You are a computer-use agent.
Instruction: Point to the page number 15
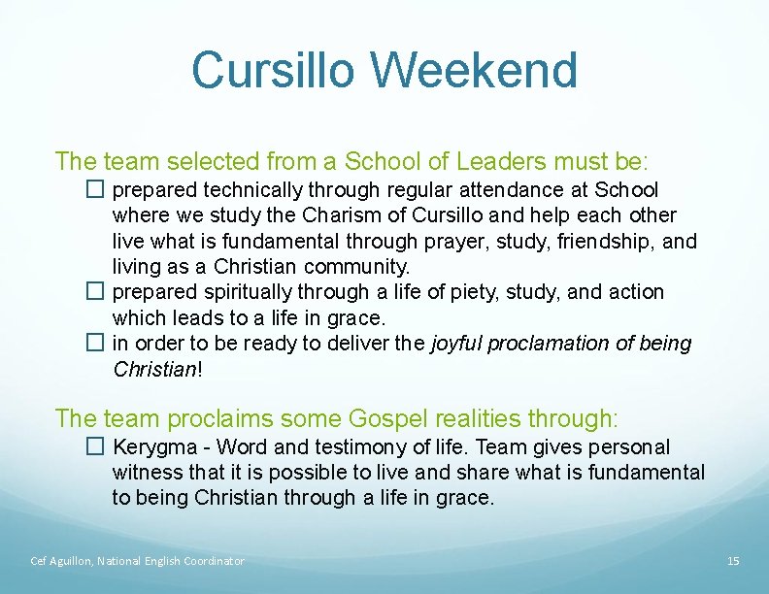click(733, 561)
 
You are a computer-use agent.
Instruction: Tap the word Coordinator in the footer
click(212, 561)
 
